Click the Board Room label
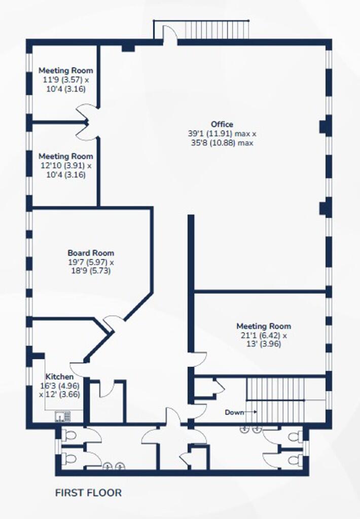91,253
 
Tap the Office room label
222,124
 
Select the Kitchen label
60,377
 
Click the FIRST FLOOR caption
88,493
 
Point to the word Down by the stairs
234,413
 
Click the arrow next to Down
250,412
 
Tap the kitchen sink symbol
63,416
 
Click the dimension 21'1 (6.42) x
264,336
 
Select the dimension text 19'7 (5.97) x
91,262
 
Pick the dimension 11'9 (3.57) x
66,80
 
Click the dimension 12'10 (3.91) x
66,166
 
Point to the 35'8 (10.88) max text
222,143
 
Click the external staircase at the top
215,29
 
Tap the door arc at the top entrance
172,32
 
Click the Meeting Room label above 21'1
264,326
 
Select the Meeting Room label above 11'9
66,70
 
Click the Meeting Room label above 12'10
66,156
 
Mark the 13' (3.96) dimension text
264,344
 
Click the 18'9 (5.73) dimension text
91,271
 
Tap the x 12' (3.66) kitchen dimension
60,394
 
